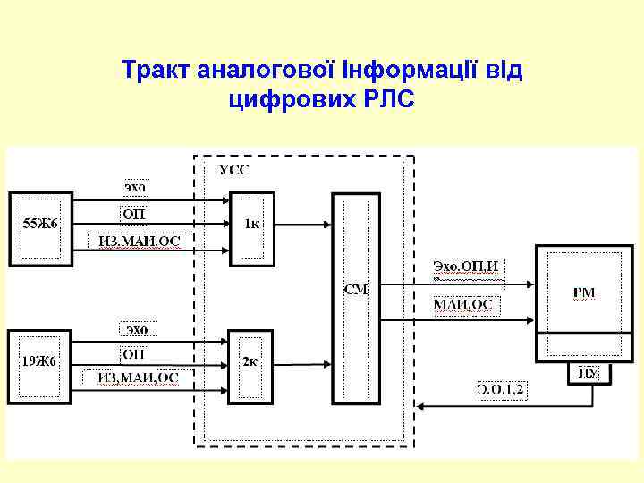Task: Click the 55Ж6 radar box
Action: pos(40,227)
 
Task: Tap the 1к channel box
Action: pos(251,225)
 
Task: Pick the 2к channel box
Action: pos(250,362)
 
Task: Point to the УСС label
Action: pos(234,170)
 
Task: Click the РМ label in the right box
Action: pos(583,292)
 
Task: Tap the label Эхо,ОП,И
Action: pos(465,266)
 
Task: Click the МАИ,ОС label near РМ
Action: pos(463,305)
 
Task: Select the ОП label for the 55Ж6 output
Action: pos(134,214)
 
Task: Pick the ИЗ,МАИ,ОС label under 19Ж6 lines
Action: pos(138,377)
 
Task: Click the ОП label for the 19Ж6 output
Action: pos(134,352)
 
